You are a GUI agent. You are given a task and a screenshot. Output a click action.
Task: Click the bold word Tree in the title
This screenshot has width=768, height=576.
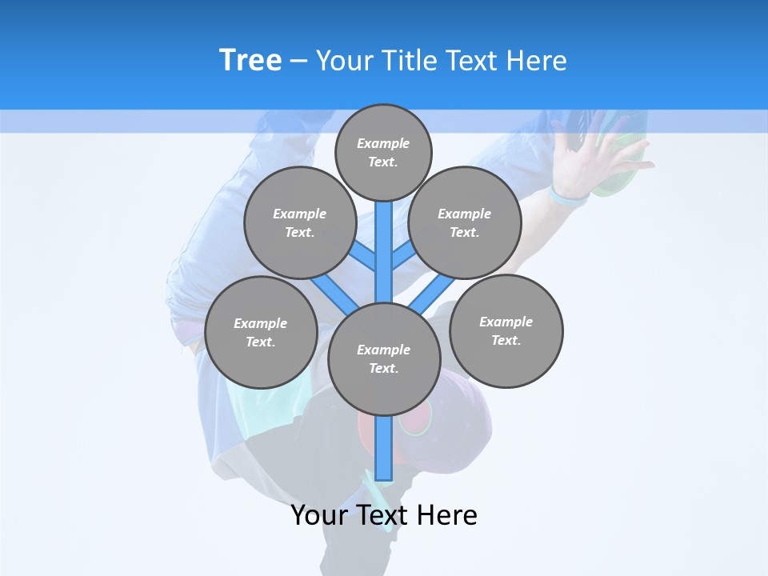point(250,61)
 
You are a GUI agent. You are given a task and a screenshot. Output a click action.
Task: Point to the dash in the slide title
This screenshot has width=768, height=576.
point(298,62)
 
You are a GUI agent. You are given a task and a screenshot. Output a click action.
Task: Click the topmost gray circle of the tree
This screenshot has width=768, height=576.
point(383,152)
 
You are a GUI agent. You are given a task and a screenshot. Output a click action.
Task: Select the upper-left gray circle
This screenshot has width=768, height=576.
point(300,222)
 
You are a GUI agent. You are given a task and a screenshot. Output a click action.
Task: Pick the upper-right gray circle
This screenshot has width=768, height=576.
point(465,222)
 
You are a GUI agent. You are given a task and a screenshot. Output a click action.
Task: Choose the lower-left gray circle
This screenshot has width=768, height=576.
point(261,332)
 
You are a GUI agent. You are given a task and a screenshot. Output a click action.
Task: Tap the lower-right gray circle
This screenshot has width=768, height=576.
point(506,331)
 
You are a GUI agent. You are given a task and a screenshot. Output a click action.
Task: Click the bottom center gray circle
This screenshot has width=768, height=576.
point(384,358)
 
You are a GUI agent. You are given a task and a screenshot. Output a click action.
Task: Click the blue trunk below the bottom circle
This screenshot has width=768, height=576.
point(384,448)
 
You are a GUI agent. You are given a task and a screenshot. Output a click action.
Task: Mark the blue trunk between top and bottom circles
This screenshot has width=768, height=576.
point(384,252)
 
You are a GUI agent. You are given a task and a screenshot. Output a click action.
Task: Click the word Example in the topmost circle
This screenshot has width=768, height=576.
point(383,143)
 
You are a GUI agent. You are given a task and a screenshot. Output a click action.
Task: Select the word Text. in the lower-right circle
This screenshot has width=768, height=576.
point(506,340)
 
